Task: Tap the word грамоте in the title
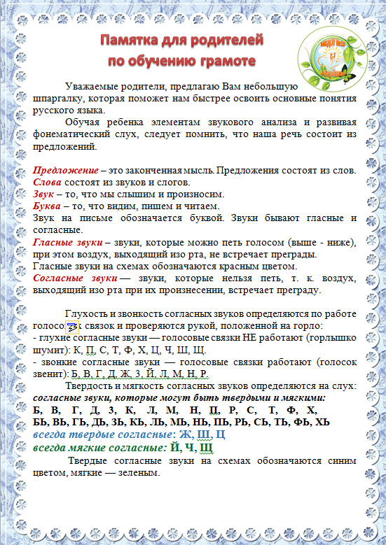223,61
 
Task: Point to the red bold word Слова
48,183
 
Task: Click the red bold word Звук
44,194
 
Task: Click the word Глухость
87,314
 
